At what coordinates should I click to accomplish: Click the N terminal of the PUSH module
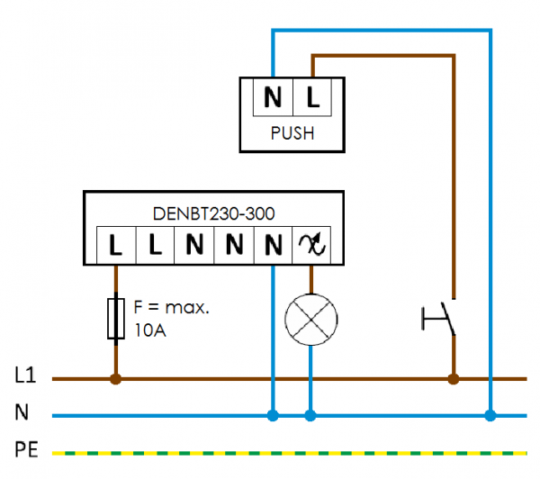coord(273,97)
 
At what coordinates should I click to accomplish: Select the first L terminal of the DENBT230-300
coord(115,245)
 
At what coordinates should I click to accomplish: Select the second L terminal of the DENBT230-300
coord(155,245)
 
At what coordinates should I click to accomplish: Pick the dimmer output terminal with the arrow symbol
coord(310,245)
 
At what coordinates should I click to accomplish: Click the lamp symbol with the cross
coord(310,318)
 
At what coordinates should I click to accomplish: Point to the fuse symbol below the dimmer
coord(115,318)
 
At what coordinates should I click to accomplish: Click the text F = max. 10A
coord(171,318)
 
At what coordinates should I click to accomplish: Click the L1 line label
coord(24,374)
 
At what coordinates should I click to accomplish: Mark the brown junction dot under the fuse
coord(115,379)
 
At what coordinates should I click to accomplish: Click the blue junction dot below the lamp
coord(310,416)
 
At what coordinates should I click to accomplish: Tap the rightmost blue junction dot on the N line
coord(490,416)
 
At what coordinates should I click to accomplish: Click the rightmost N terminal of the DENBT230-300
coord(273,245)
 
